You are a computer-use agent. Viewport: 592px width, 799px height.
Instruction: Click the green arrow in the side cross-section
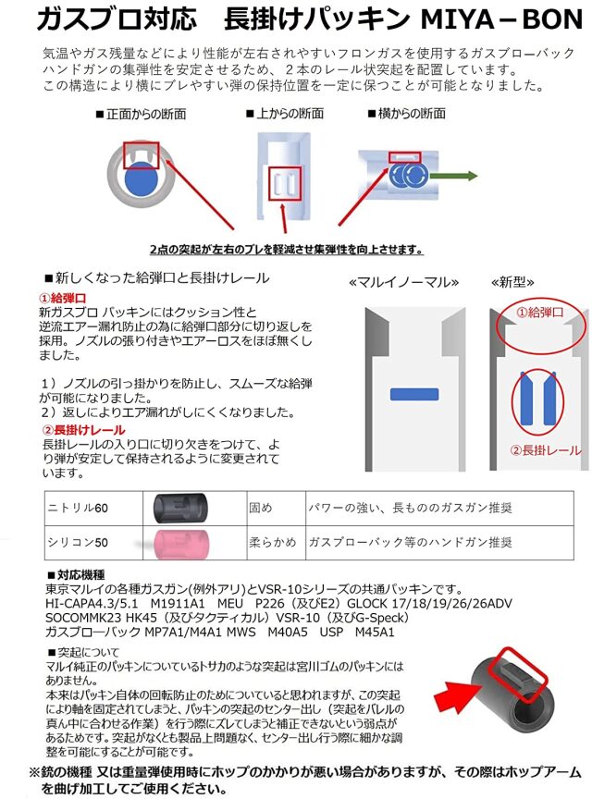point(463,175)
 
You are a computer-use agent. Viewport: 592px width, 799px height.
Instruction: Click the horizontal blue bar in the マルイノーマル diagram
point(413,394)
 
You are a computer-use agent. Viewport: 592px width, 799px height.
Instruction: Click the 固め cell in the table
point(261,508)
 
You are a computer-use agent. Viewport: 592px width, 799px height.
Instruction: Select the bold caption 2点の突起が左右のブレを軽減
point(286,250)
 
